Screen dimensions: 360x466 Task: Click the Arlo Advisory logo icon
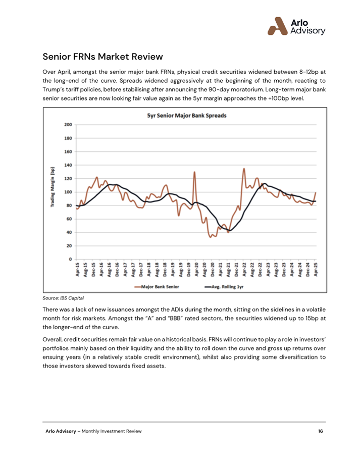pyautogui.click(x=278, y=26)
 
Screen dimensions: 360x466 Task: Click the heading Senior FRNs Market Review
pyautogui.click(x=102, y=57)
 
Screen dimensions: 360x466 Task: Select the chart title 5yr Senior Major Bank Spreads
pyautogui.click(x=187, y=115)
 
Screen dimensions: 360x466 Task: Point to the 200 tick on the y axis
pyautogui.click(x=68, y=125)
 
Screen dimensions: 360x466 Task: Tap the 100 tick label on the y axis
pyautogui.click(x=68, y=192)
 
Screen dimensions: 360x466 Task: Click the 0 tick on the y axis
pyautogui.click(x=71, y=259)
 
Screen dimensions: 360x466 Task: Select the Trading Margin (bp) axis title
pyautogui.click(x=53, y=187)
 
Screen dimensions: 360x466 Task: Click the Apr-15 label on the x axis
pyautogui.click(x=77, y=270)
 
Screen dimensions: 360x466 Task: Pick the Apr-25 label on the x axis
pyautogui.click(x=316, y=270)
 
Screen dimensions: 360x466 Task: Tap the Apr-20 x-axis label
pyautogui.click(x=196, y=270)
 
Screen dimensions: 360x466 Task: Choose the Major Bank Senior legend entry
pyautogui.click(x=157, y=287)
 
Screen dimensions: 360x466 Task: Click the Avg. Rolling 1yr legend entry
pyautogui.click(x=224, y=287)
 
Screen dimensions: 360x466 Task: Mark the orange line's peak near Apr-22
pyautogui.click(x=244, y=169)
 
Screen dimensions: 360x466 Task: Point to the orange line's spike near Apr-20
pyautogui.click(x=194, y=172)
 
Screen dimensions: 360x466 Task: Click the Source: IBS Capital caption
pyautogui.click(x=63, y=298)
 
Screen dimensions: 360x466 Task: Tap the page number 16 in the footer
pyautogui.click(x=320, y=431)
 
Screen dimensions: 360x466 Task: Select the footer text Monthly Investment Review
pyautogui.click(x=112, y=431)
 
